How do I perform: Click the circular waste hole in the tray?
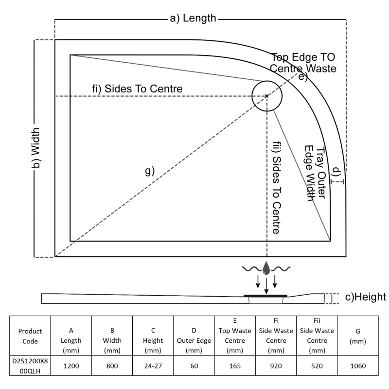pyautogui.click(x=267, y=96)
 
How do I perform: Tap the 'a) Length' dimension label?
pyautogui.click(x=193, y=18)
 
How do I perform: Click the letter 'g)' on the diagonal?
pyautogui.click(x=150, y=171)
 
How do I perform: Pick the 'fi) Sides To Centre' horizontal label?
pyautogui.click(x=138, y=89)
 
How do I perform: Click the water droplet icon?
pyautogui.click(x=266, y=268)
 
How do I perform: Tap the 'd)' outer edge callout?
pyautogui.click(x=336, y=171)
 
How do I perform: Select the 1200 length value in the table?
pyautogui.click(x=71, y=365)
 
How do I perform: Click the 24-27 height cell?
pyautogui.click(x=153, y=365)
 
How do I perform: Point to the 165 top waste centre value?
pyautogui.click(x=235, y=365)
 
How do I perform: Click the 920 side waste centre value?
pyautogui.click(x=276, y=365)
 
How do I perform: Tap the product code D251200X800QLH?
pyautogui.click(x=30, y=365)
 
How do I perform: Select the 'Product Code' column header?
pyautogui.click(x=30, y=336)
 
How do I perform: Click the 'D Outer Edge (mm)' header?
pyautogui.click(x=194, y=336)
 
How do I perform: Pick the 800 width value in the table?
pyautogui.click(x=112, y=365)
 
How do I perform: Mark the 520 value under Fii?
pyautogui.click(x=317, y=365)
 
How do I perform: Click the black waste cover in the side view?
pyautogui.click(x=265, y=295)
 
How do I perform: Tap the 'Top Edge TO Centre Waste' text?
pyautogui.click(x=303, y=63)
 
